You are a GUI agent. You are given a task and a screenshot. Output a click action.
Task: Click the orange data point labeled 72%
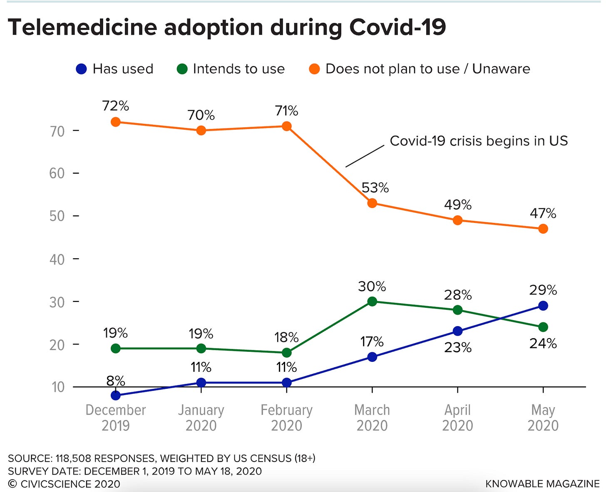116,122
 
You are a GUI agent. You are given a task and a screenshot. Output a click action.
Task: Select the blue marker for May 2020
543,306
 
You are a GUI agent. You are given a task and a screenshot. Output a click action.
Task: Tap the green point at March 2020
372,302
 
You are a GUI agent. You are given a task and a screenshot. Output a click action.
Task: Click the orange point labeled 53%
372,203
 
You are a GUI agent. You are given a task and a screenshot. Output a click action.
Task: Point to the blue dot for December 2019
116,395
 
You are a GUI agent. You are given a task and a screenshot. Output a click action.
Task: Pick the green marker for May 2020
543,327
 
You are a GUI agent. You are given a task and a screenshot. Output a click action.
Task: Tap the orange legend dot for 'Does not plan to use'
314,69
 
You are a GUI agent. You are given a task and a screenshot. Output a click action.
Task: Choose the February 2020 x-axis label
286,418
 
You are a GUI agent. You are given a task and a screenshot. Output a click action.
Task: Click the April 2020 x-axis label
457,418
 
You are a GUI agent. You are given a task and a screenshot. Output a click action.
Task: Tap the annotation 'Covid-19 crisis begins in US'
479,141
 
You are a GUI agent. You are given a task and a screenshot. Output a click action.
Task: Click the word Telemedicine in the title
82,27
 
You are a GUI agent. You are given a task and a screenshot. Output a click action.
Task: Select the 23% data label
457,347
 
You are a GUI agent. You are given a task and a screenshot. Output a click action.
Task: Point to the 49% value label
457,205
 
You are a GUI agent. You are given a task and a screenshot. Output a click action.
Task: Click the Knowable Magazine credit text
542,484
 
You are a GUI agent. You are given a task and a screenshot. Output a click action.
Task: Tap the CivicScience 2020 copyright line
64,484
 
